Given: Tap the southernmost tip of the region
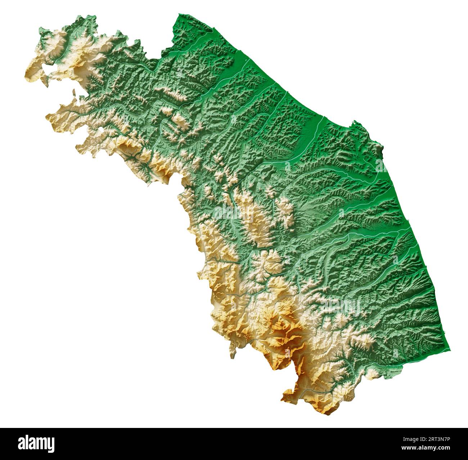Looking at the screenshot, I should tap(326, 414).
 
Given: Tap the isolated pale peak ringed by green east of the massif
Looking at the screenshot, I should tap(365, 339).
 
